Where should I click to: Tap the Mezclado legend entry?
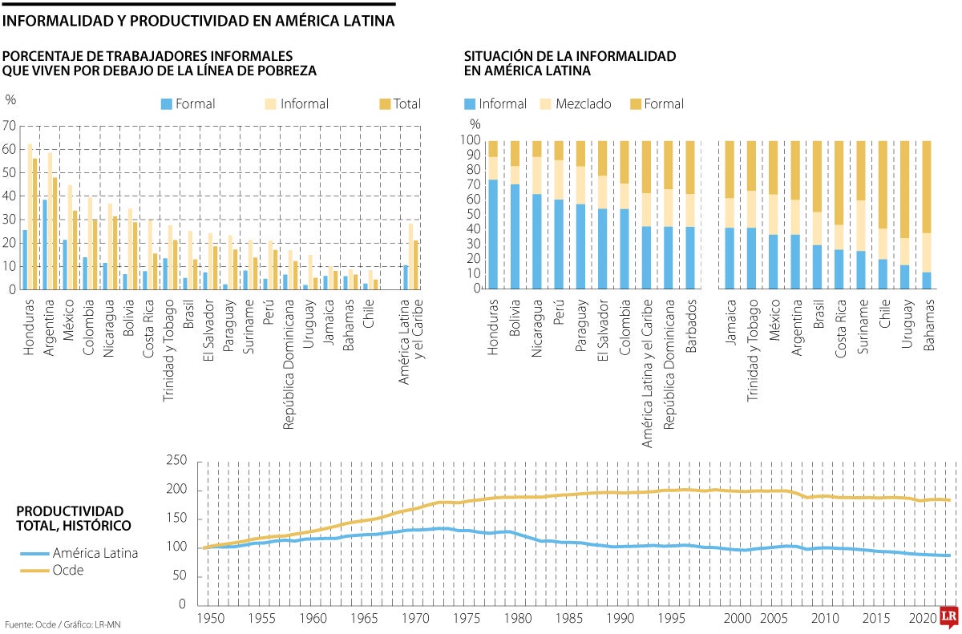576,103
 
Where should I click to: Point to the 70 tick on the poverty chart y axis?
10,126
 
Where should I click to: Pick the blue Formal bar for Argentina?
45,244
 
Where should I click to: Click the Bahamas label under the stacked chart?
927,322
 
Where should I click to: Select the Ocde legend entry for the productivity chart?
68,570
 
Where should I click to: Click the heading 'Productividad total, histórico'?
71,518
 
